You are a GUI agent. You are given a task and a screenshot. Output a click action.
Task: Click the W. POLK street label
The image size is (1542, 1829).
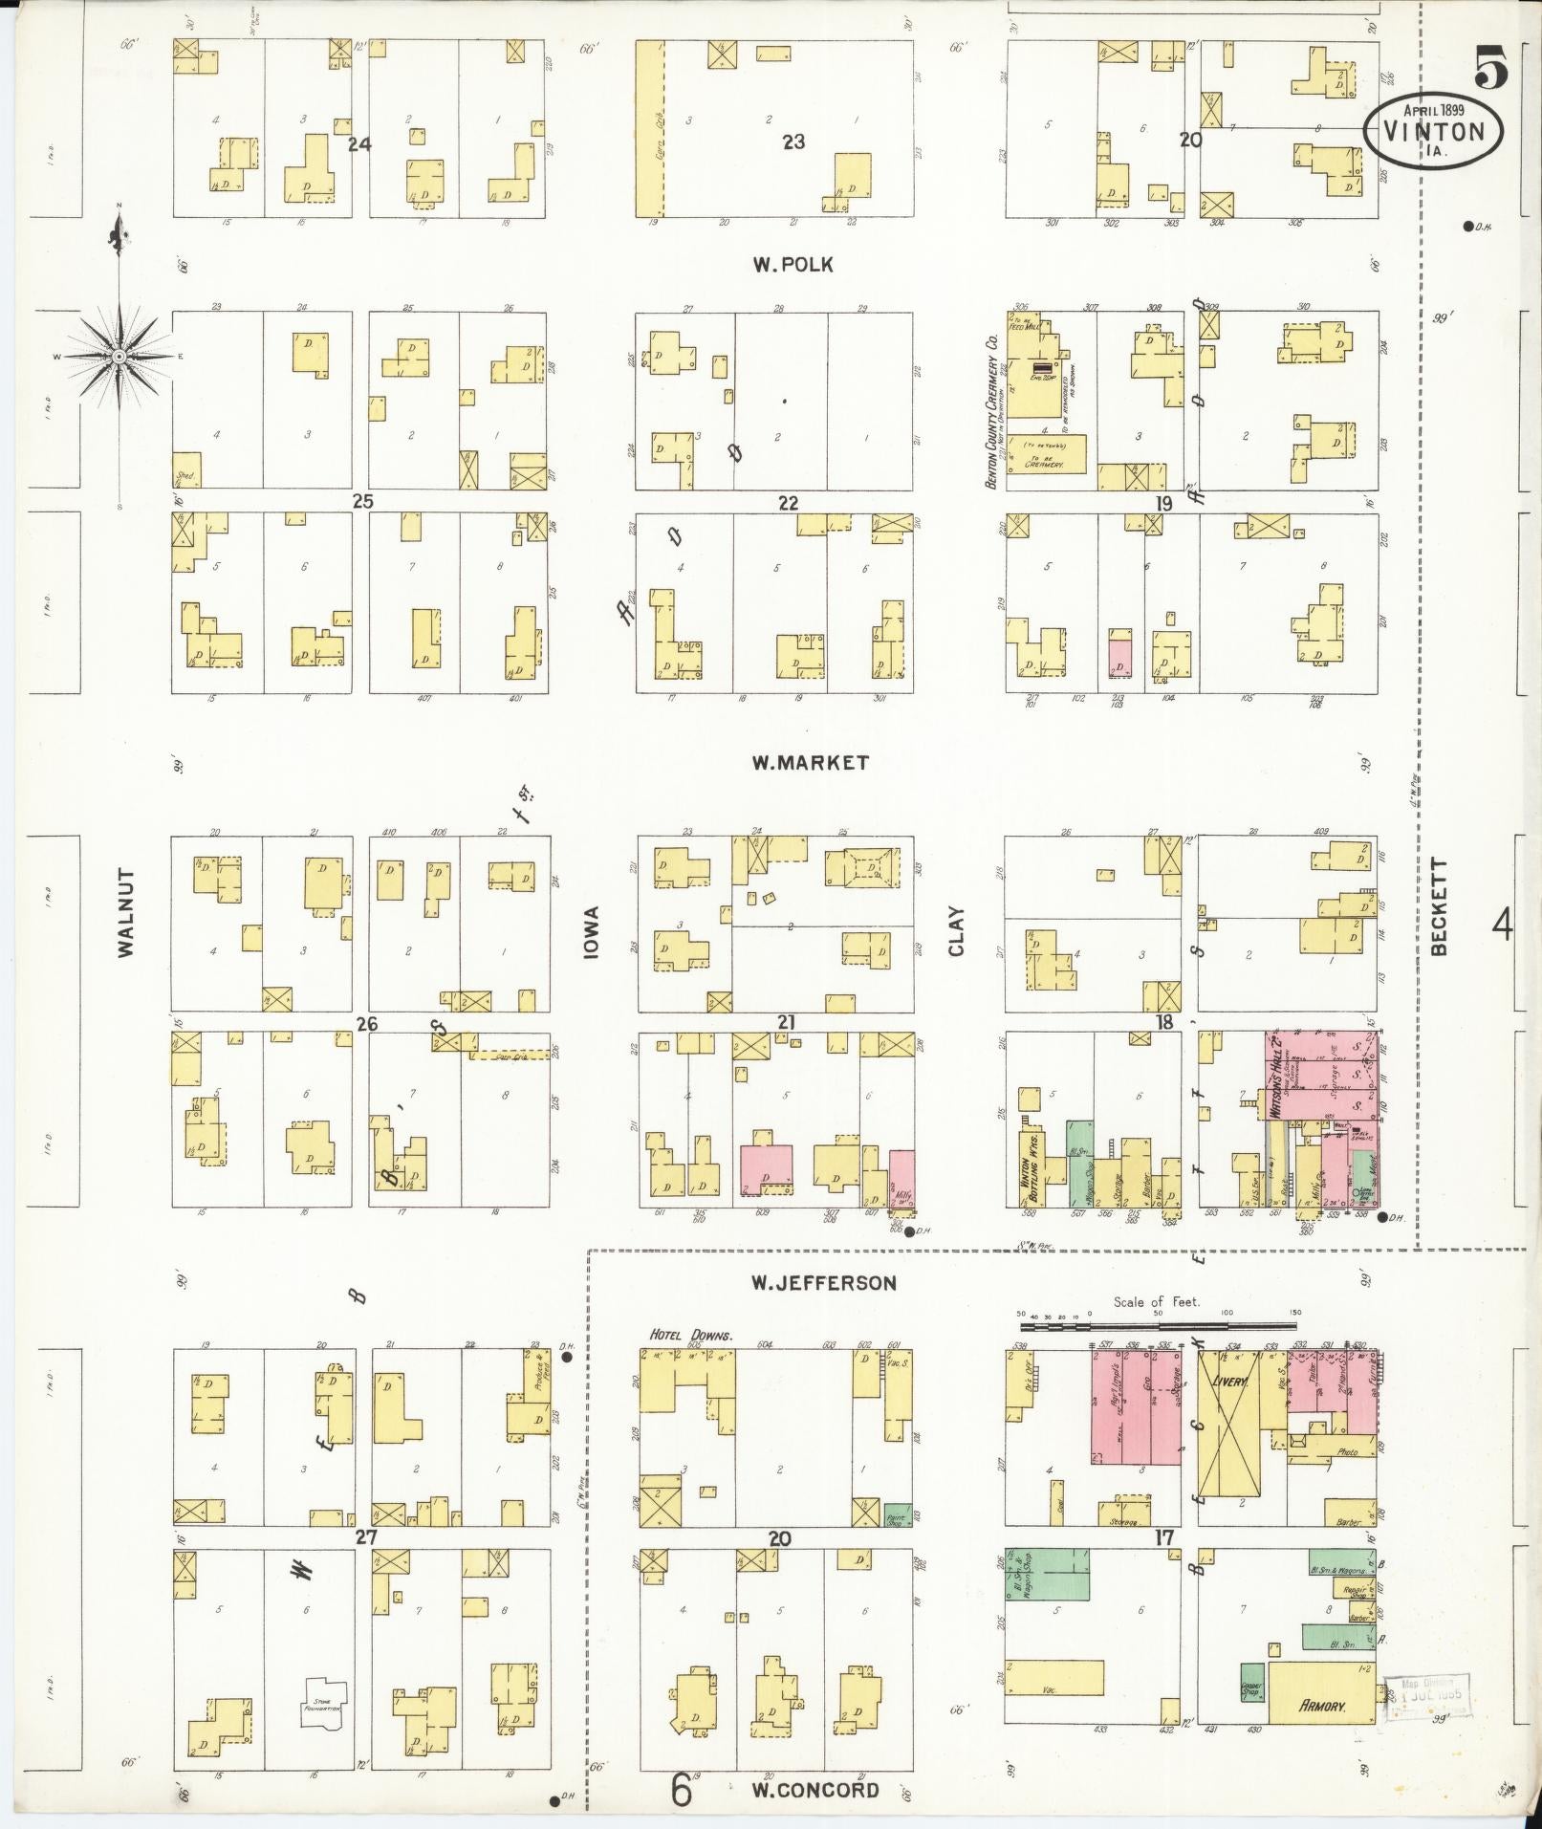[792, 265]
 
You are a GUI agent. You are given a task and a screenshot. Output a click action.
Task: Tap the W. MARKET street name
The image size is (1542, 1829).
[810, 763]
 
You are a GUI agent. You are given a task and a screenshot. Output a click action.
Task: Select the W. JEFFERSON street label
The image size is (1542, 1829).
[824, 1283]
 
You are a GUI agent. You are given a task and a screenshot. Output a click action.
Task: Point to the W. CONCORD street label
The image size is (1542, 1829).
[814, 1790]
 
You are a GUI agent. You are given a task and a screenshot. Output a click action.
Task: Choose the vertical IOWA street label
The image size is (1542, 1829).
[593, 933]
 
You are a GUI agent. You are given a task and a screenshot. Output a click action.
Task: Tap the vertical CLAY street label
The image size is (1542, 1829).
[957, 930]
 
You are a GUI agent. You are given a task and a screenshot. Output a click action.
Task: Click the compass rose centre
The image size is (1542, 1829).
[119, 357]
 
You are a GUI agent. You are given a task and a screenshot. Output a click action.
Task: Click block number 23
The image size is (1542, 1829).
[793, 142]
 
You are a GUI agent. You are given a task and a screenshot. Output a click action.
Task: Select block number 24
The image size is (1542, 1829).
[359, 144]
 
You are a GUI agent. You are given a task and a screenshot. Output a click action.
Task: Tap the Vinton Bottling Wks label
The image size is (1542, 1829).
[1031, 1166]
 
